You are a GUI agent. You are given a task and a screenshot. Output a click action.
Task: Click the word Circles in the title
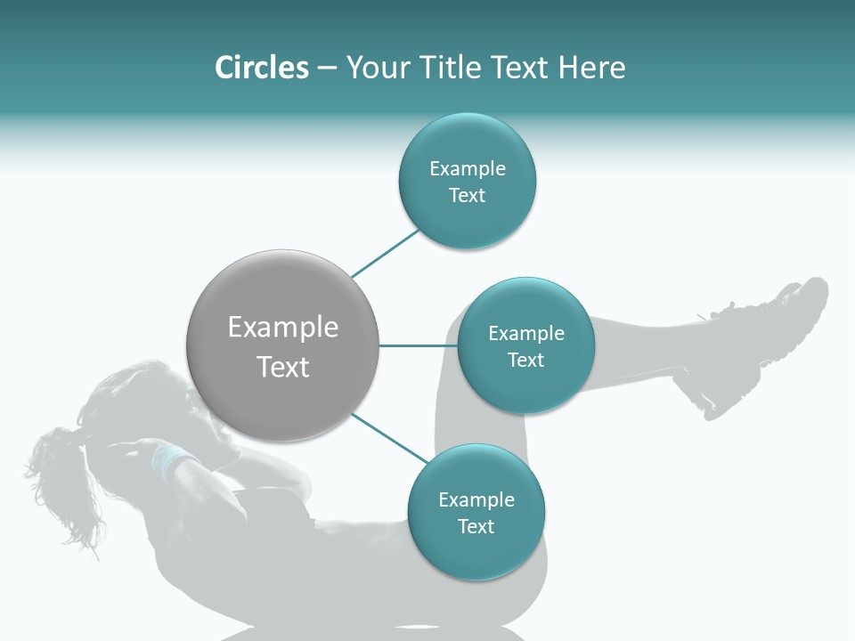[262, 68]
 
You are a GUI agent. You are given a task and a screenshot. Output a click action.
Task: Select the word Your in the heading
[378, 68]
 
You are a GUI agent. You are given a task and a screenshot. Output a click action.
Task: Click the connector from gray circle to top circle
[385, 253]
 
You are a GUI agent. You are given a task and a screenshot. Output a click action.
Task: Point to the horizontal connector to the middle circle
[418, 345]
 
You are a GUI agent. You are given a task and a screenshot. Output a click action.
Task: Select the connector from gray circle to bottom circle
[389, 438]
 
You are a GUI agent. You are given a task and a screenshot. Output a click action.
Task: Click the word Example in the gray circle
[283, 328]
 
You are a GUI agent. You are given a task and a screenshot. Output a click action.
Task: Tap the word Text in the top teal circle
[468, 196]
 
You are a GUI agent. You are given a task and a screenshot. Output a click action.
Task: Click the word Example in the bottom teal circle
[476, 499]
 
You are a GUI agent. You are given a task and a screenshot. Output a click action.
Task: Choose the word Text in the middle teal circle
[525, 360]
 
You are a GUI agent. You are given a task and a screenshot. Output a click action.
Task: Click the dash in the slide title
[327, 69]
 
